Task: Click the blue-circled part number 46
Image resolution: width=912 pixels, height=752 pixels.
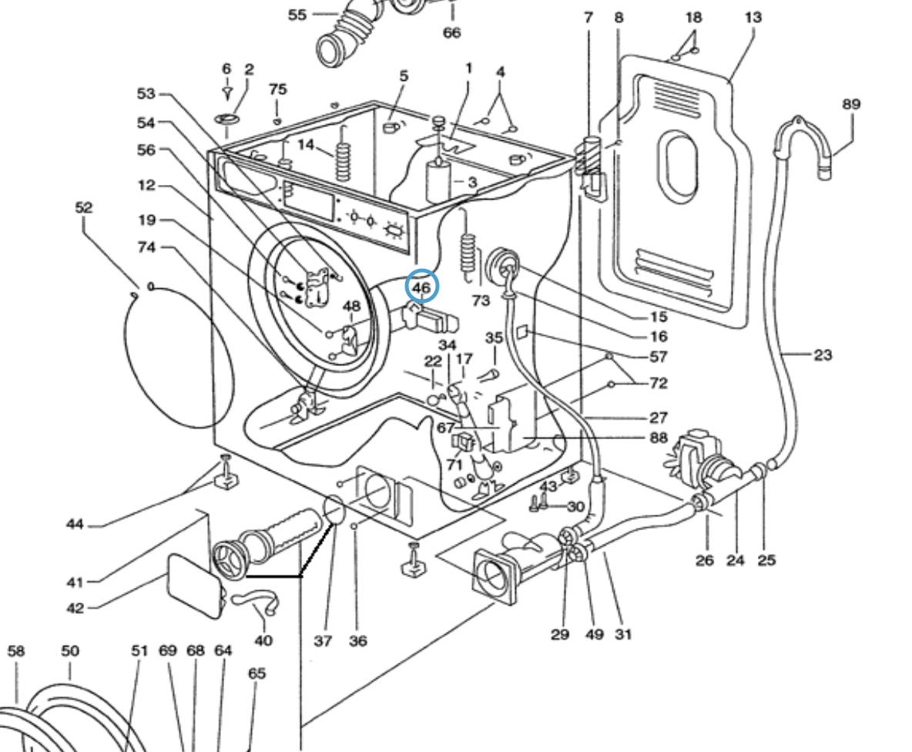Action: click(421, 287)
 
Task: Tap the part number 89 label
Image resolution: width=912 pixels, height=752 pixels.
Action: click(851, 104)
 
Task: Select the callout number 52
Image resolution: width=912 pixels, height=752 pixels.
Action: click(84, 207)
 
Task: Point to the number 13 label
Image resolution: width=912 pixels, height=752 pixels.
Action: click(753, 17)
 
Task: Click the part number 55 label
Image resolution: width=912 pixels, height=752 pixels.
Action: click(297, 15)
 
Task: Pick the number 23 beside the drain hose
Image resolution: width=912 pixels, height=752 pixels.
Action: click(823, 355)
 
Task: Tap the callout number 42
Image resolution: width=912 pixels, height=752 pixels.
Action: click(75, 609)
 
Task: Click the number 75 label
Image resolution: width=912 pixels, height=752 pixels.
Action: click(277, 89)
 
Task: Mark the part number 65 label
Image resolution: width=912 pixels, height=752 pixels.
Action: click(256, 673)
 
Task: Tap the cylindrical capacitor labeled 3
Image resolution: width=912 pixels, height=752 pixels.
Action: click(440, 180)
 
